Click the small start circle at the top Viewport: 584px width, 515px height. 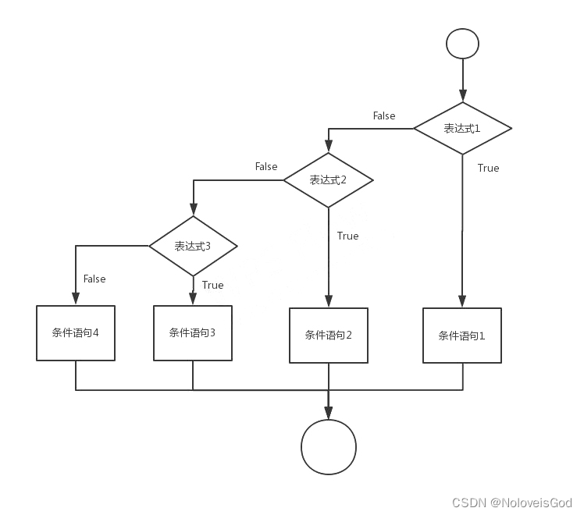(463, 44)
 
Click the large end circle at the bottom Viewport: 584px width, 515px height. (329, 447)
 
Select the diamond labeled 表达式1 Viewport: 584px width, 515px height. (462, 128)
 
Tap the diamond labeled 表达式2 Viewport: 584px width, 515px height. (328, 180)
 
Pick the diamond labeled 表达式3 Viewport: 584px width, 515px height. (193, 246)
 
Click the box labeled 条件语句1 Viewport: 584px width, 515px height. (462, 336)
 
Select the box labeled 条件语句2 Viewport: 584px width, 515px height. (328, 336)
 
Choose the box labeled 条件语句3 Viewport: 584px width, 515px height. (193, 332)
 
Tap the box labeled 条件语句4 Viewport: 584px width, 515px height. (76, 332)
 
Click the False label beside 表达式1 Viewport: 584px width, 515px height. (384, 115)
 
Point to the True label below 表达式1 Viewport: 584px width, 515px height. (488, 168)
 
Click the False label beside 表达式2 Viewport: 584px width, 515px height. (266, 166)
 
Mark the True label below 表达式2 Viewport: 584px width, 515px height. (347, 236)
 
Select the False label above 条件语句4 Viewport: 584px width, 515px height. (94, 279)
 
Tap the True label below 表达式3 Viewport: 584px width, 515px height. (212, 285)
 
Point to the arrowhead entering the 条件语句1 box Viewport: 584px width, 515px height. (462, 302)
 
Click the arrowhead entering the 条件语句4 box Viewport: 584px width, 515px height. (76, 298)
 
